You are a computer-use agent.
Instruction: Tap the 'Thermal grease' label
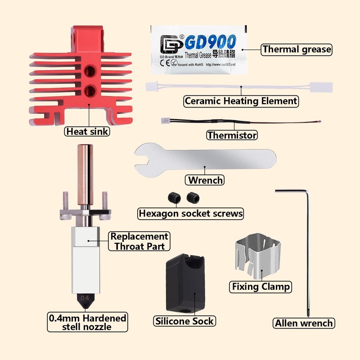click(x=297, y=49)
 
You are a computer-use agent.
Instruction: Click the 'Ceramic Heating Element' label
click(x=241, y=101)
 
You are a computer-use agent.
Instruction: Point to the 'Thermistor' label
click(x=232, y=135)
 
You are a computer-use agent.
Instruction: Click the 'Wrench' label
click(x=205, y=180)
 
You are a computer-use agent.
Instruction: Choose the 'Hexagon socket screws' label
click(x=190, y=213)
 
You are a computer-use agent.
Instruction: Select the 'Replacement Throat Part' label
click(x=139, y=241)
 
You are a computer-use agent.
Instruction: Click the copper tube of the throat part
click(x=85, y=171)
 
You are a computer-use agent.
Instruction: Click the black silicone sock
click(x=185, y=283)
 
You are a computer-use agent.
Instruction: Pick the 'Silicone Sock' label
click(x=184, y=321)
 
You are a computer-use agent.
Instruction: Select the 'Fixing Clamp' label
click(x=261, y=286)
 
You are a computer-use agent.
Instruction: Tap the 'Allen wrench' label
click(x=304, y=323)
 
